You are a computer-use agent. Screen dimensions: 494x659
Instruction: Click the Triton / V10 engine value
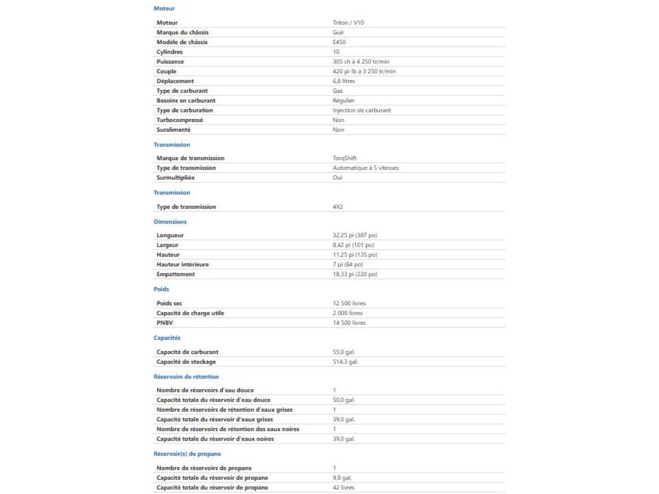point(348,23)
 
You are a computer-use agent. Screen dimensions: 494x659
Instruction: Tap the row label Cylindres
point(169,51)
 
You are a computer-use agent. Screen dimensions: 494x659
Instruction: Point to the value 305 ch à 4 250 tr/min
point(357,62)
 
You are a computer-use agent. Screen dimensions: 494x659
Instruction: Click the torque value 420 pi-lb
point(360,71)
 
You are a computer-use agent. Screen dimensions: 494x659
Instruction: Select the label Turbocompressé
point(180,120)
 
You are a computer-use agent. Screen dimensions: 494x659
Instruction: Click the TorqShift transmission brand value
point(340,158)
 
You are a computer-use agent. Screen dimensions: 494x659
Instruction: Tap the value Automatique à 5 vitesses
point(361,168)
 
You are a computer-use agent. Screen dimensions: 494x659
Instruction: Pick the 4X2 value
point(328,207)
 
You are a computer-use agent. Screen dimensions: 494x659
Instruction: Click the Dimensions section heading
point(170,222)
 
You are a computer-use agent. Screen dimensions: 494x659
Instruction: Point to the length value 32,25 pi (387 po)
point(350,235)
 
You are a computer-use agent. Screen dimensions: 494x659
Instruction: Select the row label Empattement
point(175,274)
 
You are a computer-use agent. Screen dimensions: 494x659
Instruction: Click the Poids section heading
point(161,289)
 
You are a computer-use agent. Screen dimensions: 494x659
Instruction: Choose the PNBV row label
point(165,323)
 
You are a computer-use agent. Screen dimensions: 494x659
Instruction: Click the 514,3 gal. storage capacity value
point(341,361)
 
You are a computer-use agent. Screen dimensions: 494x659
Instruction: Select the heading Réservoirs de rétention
point(186,377)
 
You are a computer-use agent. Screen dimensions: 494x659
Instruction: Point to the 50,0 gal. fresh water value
point(339,400)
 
